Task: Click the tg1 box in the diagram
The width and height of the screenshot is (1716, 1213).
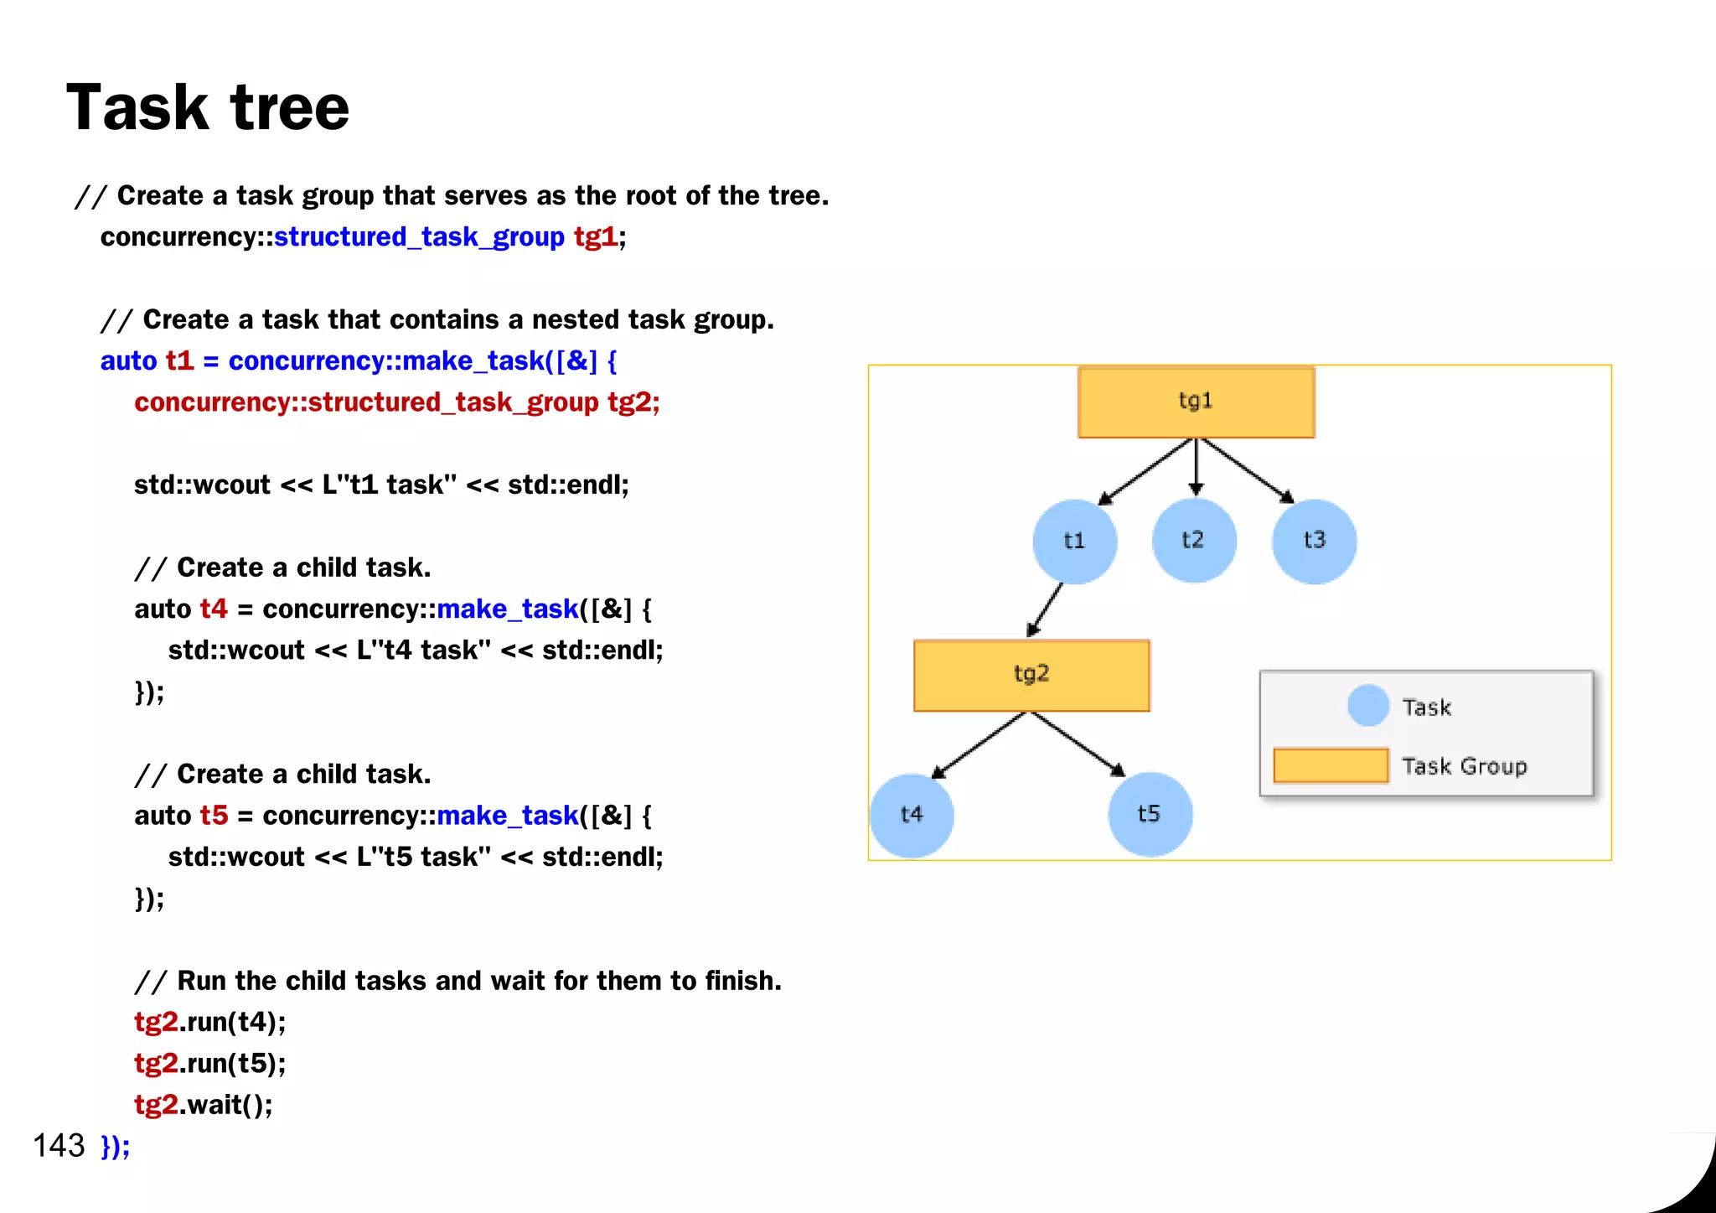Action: click(x=1196, y=402)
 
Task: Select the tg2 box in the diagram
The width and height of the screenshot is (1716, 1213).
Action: click(x=1031, y=675)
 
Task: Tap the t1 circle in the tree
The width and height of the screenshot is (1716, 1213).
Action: click(x=1074, y=542)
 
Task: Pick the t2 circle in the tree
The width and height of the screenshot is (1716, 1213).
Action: click(x=1194, y=541)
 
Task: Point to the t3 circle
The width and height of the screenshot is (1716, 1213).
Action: click(x=1314, y=542)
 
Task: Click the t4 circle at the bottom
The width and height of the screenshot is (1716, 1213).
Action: click(x=912, y=815)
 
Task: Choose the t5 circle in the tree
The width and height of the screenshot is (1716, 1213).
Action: click(x=1150, y=815)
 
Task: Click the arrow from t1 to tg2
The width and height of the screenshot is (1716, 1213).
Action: click(x=1045, y=610)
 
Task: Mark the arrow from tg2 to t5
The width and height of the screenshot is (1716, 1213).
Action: click(x=1078, y=744)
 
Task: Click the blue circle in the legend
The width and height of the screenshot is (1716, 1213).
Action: click(x=1368, y=706)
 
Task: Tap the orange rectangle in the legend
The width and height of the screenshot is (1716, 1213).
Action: click(x=1331, y=765)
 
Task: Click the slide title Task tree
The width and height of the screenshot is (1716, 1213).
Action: click(x=208, y=108)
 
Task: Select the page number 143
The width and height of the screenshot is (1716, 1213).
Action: click(x=59, y=1145)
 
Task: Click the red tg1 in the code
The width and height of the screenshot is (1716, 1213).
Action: click(x=595, y=237)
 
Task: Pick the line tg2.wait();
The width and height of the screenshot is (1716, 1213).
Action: click(x=204, y=1105)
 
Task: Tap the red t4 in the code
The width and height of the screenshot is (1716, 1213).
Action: click(x=214, y=609)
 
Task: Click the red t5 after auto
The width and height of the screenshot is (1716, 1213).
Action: click(x=214, y=816)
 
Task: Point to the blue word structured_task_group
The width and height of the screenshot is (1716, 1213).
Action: click(x=419, y=237)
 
